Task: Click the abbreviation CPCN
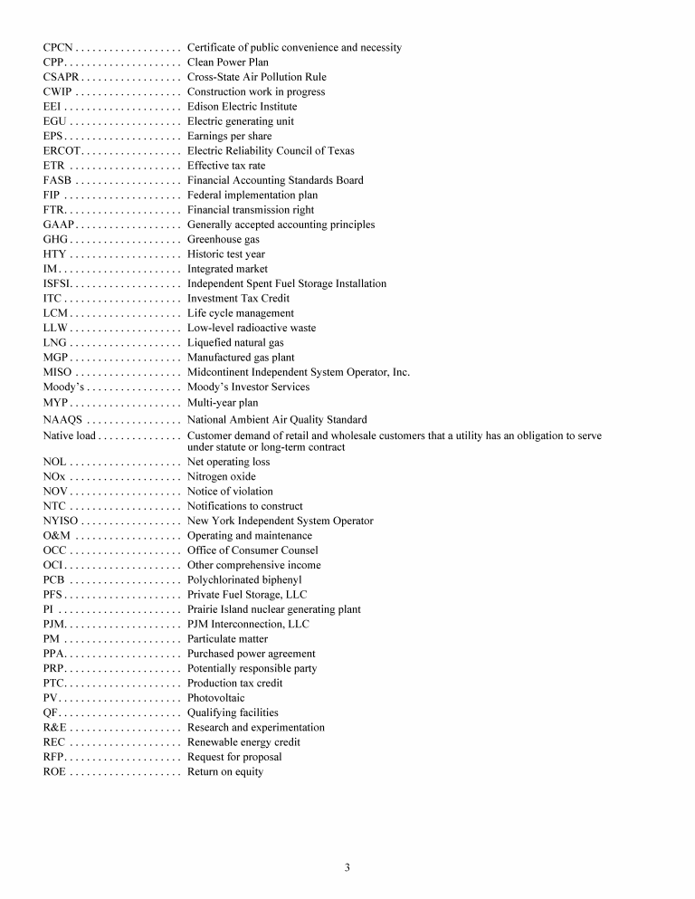59,47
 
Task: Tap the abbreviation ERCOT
63,151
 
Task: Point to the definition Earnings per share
229,136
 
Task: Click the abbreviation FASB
58,180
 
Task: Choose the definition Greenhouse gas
223,240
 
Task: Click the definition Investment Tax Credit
238,299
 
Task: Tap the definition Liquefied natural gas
235,343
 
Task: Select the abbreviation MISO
58,372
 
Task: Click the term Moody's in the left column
63,387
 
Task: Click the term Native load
69,435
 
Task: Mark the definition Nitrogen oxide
221,476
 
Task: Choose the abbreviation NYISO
62,521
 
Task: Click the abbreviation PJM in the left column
53,624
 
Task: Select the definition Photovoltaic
215,698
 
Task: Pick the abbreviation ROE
54,771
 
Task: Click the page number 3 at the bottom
347,867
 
